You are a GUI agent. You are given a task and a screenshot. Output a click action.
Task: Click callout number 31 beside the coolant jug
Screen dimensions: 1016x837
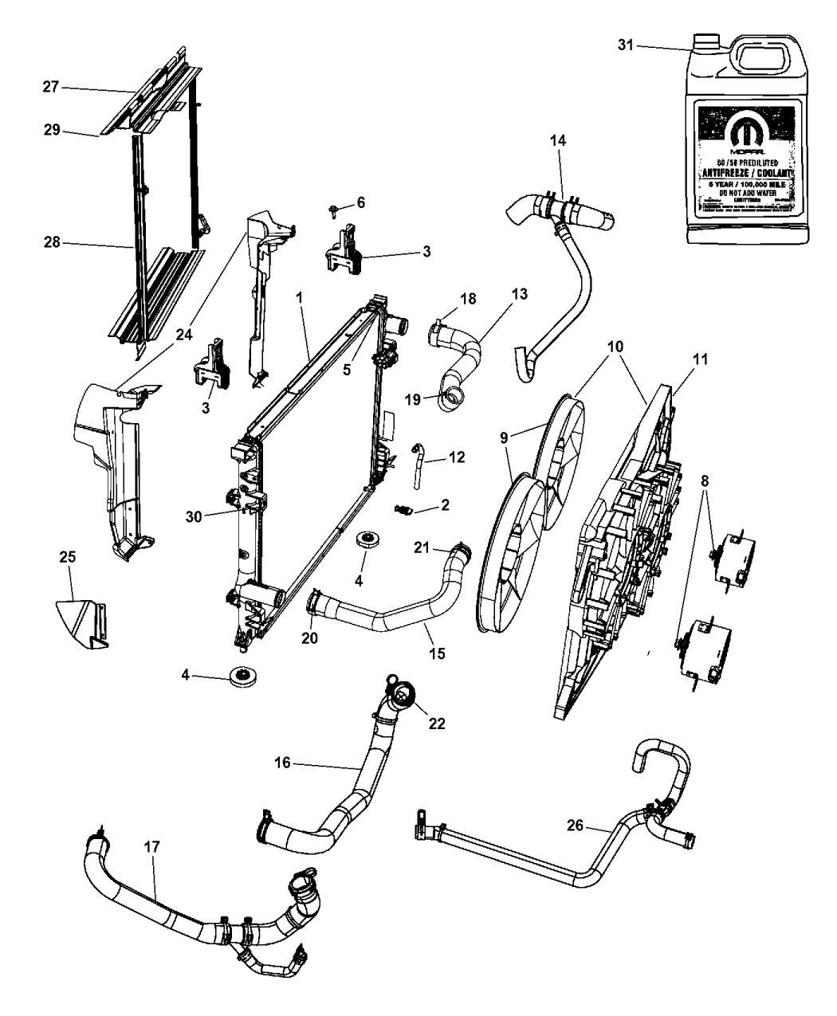coord(627,45)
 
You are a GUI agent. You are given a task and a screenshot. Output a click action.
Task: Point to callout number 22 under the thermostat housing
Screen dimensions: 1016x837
coord(437,723)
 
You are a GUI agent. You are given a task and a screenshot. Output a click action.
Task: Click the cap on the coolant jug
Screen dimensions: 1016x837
coord(704,43)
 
